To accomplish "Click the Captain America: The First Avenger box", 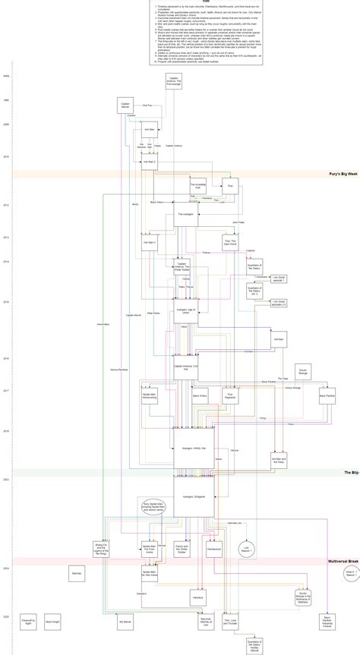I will pyautogui.click(x=175, y=81).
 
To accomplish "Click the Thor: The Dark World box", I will pyautogui.click(x=234, y=243).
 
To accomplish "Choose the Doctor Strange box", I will pyautogui.click(x=302, y=369).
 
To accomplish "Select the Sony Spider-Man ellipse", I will pyautogui.click(x=156, y=507).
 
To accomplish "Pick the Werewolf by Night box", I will pyautogui.click(x=28, y=622).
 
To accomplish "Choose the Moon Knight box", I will pyautogui.click(x=52, y=622).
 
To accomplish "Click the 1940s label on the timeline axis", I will pyautogui.click(x=6, y=76).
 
